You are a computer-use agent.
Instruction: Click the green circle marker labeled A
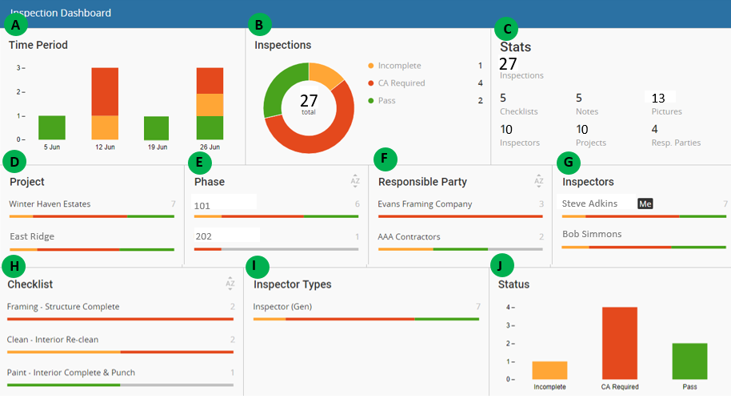(x=14, y=25)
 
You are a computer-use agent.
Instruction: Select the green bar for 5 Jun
(x=51, y=127)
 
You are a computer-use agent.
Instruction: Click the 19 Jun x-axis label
(x=157, y=147)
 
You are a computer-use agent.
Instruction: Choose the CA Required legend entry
(x=401, y=83)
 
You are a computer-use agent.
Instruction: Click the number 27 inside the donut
(x=309, y=100)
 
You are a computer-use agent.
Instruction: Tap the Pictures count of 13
(x=658, y=98)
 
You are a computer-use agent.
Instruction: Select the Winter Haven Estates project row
(x=50, y=204)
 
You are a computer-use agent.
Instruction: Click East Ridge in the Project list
(x=31, y=237)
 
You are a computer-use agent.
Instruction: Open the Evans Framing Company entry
(x=425, y=204)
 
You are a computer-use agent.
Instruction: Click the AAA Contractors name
(x=409, y=237)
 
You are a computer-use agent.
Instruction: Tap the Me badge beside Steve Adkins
(x=645, y=204)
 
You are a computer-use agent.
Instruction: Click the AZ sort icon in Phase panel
(x=355, y=182)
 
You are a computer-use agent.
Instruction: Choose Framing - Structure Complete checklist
(x=63, y=307)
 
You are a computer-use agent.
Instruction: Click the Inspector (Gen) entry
(x=282, y=307)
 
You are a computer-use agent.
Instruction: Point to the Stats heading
(x=516, y=47)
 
